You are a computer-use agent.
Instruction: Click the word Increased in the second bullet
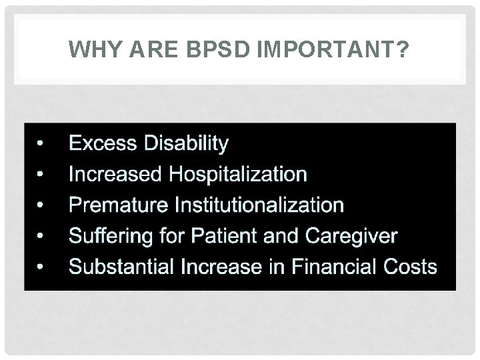(115, 175)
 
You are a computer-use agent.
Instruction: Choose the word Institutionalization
(259, 205)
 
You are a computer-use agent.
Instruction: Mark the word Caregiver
(351, 236)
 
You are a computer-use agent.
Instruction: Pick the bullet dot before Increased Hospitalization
(41, 175)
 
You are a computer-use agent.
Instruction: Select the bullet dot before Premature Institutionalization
(41, 205)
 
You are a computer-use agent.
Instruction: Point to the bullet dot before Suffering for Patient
(41, 237)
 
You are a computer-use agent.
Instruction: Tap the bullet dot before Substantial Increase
(41, 267)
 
